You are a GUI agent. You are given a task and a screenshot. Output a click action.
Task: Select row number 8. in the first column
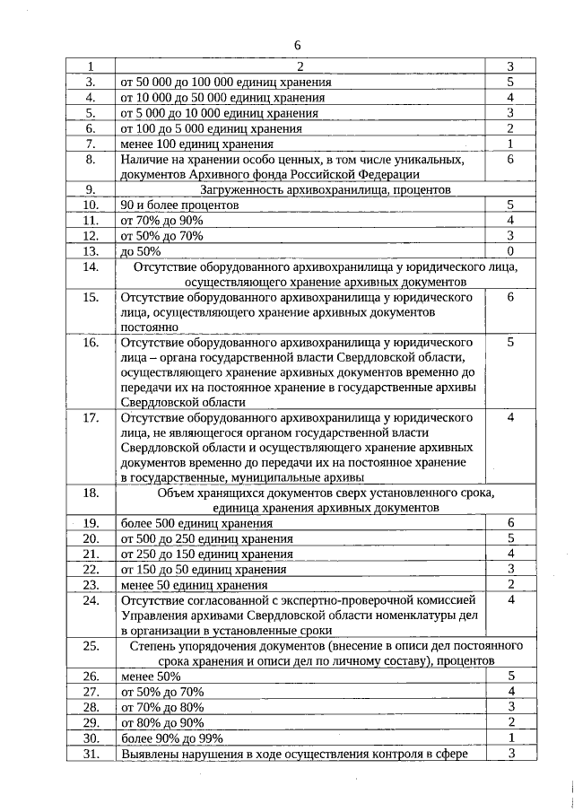coord(91,159)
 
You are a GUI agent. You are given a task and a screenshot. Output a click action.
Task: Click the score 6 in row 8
coord(509,159)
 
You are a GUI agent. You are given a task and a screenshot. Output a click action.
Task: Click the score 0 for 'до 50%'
coord(509,251)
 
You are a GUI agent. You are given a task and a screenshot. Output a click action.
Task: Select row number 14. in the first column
coord(91,266)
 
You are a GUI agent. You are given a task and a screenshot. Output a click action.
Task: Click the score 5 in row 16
coord(509,343)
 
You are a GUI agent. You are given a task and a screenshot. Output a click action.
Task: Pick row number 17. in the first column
coord(91,418)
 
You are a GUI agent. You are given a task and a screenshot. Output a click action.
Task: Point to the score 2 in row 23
coord(509,585)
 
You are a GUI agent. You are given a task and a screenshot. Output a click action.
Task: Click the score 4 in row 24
coord(509,600)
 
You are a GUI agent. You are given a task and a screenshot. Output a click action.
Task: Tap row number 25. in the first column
coord(91,645)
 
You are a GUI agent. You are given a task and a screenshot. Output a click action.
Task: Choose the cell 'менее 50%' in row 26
coord(151,677)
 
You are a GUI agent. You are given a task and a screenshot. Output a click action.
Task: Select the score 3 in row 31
coord(509,754)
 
